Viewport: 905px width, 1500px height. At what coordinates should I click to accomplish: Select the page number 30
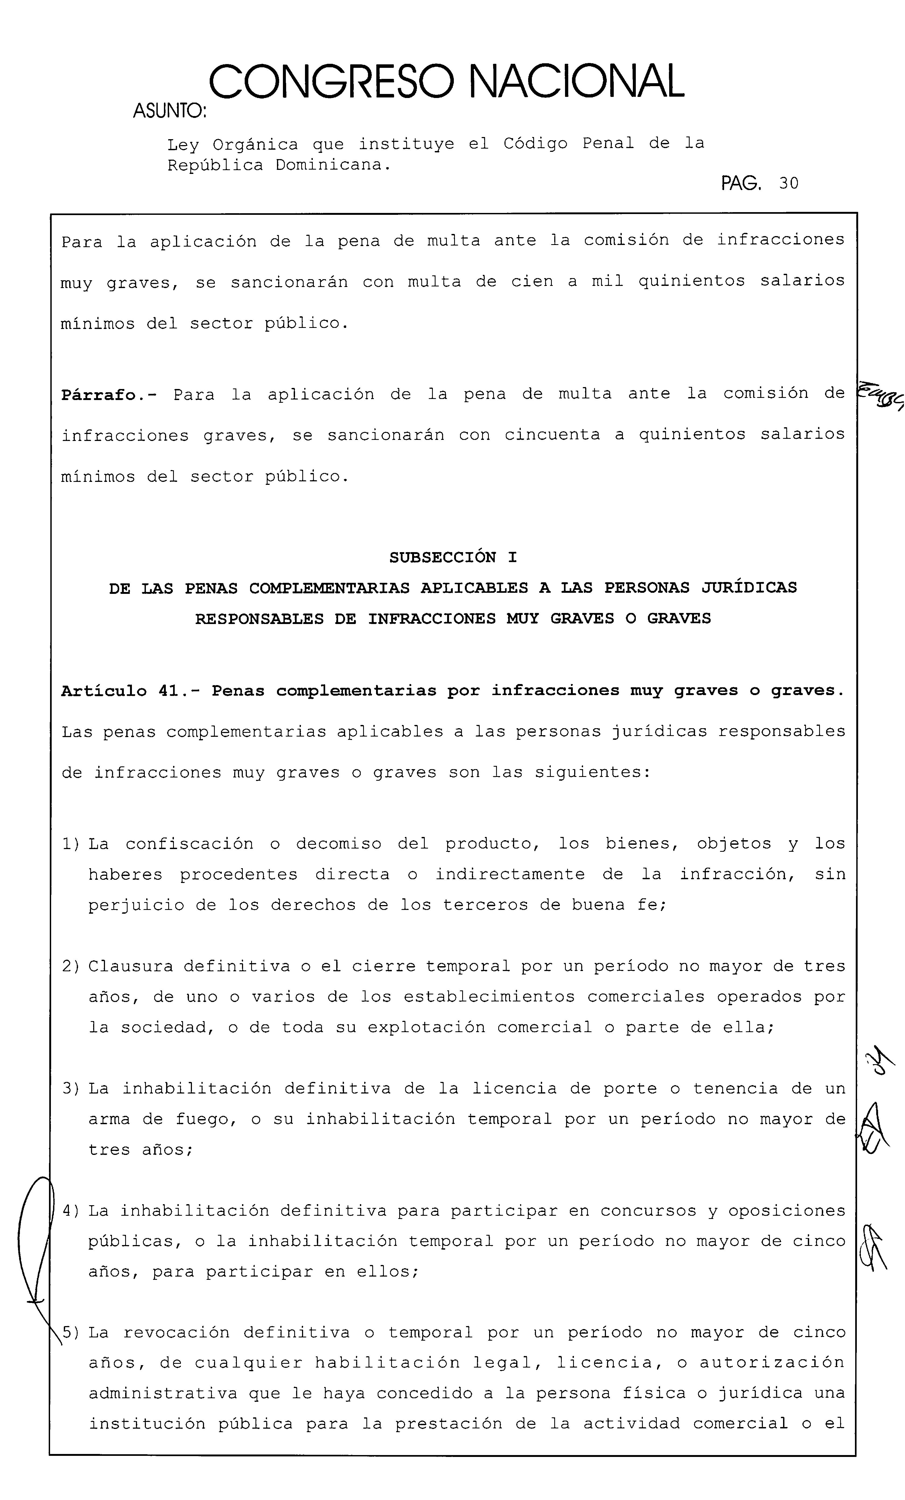click(x=788, y=183)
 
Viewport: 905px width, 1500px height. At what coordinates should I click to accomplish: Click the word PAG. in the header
click(x=741, y=183)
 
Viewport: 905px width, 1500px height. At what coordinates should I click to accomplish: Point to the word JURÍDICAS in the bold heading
click(x=749, y=588)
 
